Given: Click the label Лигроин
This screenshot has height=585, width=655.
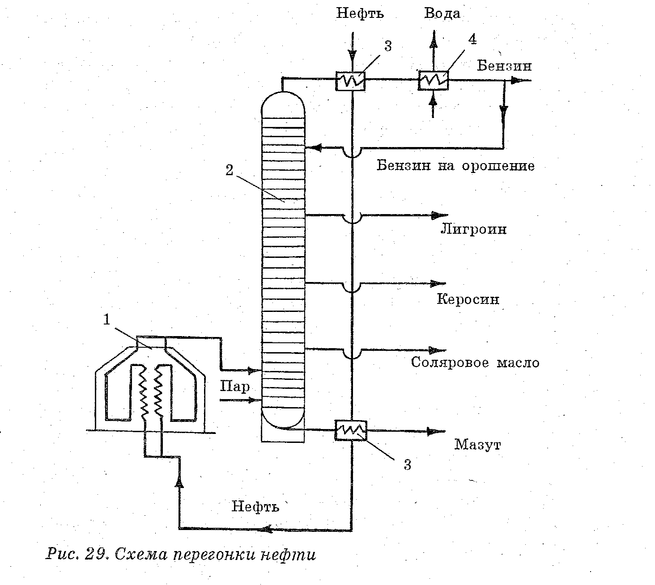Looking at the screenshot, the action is click(x=474, y=229).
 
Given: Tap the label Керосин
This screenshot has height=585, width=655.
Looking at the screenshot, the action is click(x=468, y=299).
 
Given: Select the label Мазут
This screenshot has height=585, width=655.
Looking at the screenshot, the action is click(x=478, y=445).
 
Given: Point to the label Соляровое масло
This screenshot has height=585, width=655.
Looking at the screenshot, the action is click(x=475, y=362).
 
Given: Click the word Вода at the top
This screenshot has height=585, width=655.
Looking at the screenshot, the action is click(x=442, y=13).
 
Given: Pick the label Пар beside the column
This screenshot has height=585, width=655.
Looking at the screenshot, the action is click(x=235, y=386).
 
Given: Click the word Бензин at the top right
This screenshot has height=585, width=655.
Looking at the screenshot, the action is click(x=504, y=66).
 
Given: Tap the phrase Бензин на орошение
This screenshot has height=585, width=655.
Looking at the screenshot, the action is click(x=455, y=166).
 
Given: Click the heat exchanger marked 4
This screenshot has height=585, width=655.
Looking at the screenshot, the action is click(x=434, y=80).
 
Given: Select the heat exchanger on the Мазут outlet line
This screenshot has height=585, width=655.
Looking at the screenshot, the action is click(x=351, y=430).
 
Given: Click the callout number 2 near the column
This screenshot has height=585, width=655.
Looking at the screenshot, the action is click(x=229, y=170).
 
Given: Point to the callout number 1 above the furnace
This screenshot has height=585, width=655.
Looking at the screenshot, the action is click(x=106, y=320).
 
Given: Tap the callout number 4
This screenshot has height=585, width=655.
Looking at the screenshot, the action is click(x=472, y=39).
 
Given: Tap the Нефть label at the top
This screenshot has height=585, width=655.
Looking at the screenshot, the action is click(x=360, y=13).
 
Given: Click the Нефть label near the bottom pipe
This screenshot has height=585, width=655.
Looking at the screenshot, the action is click(x=255, y=506).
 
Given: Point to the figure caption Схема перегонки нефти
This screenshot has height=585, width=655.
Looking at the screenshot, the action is click(x=215, y=555).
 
